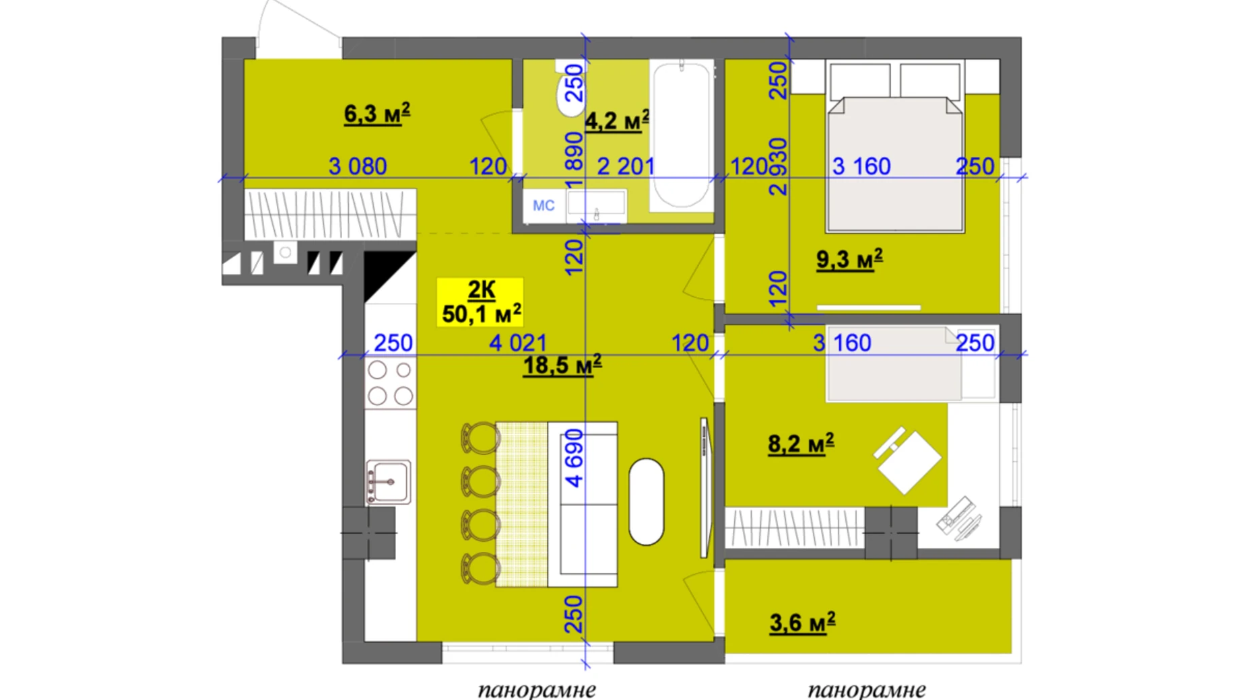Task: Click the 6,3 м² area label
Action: pyautogui.click(x=377, y=113)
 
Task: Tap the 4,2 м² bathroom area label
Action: pyautogui.click(x=617, y=120)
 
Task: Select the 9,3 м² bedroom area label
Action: pyautogui.click(x=849, y=259)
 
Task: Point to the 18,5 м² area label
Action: pyautogui.click(x=562, y=365)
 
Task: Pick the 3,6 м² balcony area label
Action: pyautogui.click(x=802, y=623)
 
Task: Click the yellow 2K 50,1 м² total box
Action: pyautogui.click(x=480, y=302)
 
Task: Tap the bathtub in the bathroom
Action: pyautogui.click(x=682, y=135)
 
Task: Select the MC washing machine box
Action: pyautogui.click(x=544, y=205)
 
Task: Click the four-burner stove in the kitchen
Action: pyautogui.click(x=390, y=383)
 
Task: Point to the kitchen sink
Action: pyautogui.click(x=389, y=482)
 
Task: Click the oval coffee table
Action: pyautogui.click(x=646, y=501)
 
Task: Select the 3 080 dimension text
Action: pyautogui.click(x=358, y=166)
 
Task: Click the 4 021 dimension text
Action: pyautogui.click(x=518, y=343)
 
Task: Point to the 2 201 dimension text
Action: pyautogui.click(x=626, y=166)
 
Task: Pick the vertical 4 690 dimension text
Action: pyautogui.click(x=574, y=458)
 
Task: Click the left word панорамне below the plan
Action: pyautogui.click(x=537, y=690)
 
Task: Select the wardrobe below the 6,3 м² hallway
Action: pyautogui.click(x=329, y=213)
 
